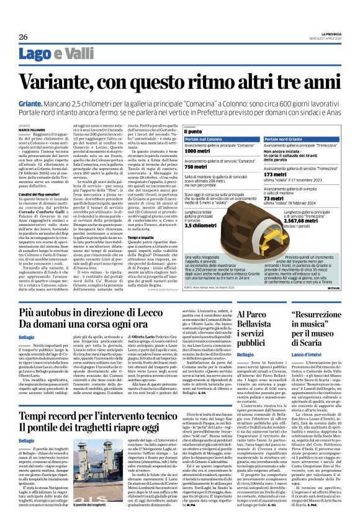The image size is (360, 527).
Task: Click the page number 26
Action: pyautogui.click(x=24, y=37)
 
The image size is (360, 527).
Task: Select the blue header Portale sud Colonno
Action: pyautogui.click(x=204, y=140)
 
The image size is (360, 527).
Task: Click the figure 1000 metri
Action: pyautogui.click(x=197, y=151)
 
